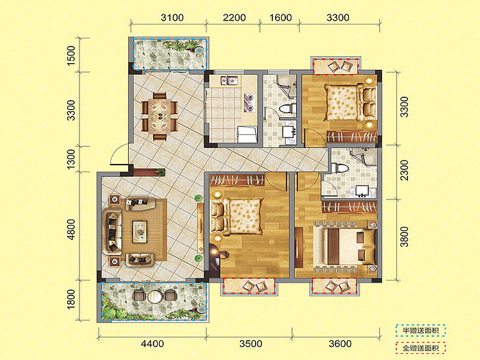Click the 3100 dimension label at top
[x=172, y=18]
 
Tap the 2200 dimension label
[x=235, y=18]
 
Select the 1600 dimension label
[x=280, y=18]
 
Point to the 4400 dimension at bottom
[x=152, y=344]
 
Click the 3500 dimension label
[x=251, y=344]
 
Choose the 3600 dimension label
[x=340, y=344]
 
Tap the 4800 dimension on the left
[x=71, y=230]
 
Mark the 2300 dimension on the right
[x=405, y=170]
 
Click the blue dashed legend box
[x=420, y=331]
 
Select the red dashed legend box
[x=420, y=348]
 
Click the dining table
[x=160, y=117]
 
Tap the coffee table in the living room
[x=140, y=232]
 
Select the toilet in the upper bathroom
[x=287, y=108]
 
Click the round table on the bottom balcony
[x=154, y=296]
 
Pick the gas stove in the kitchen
[x=249, y=103]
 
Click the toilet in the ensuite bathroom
[x=340, y=169]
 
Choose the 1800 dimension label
[x=71, y=300]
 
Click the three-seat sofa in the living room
[x=111, y=232]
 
